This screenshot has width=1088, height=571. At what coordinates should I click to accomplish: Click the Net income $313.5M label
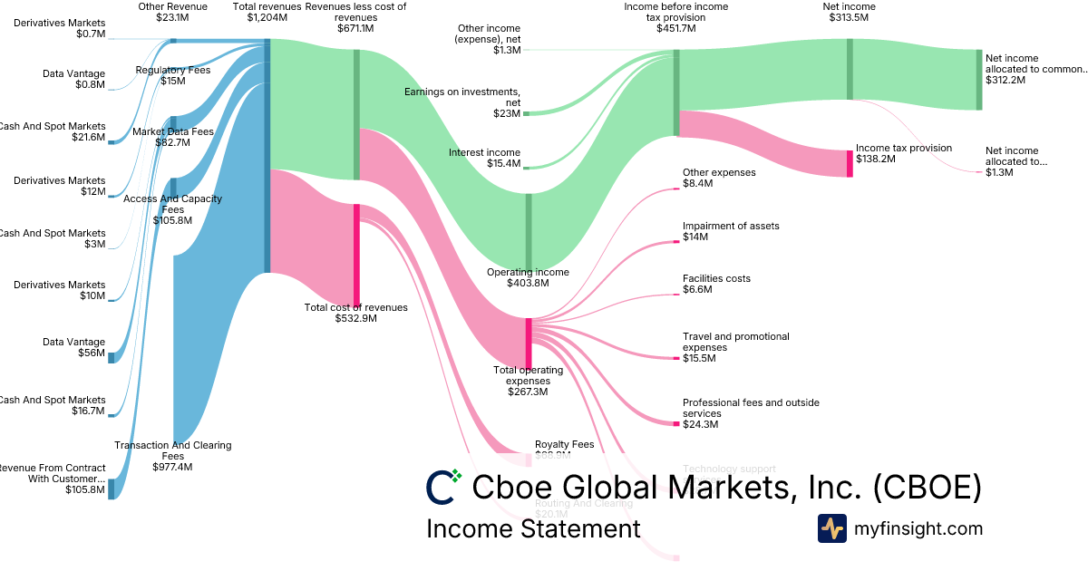click(x=850, y=12)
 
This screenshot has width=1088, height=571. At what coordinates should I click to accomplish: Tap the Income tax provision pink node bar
click(x=850, y=163)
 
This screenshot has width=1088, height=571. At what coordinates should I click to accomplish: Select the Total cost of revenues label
click(x=355, y=313)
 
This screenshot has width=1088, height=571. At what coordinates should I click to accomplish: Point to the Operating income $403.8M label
click(x=528, y=277)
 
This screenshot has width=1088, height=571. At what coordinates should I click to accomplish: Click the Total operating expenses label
click(x=528, y=380)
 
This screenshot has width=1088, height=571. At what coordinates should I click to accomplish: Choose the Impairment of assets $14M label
click(x=730, y=231)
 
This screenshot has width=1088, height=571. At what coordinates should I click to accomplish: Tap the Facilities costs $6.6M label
click(x=716, y=284)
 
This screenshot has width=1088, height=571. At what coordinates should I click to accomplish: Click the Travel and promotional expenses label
click(x=735, y=347)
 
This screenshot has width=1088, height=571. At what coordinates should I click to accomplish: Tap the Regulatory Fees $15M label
click(x=173, y=75)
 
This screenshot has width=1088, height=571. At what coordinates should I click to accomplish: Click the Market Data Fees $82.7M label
click(x=173, y=137)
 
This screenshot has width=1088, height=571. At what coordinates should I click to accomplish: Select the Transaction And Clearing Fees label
click(x=173, y=456)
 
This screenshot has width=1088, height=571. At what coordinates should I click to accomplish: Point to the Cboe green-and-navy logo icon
click(x=443, y=487)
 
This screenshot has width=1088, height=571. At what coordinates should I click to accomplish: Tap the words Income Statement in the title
click(x=533, y=528)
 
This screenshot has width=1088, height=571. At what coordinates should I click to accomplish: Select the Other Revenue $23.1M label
click(x=172, y=12)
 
